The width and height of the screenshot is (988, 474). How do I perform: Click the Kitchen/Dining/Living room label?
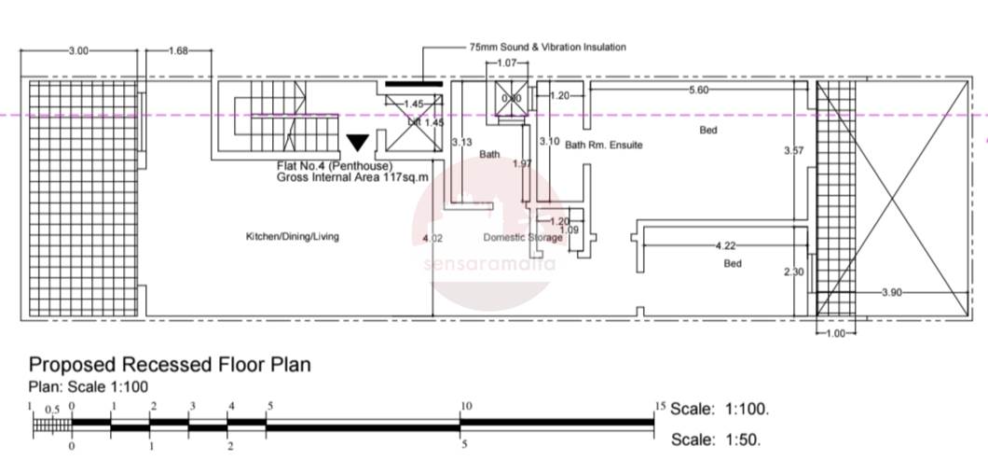(292, 237)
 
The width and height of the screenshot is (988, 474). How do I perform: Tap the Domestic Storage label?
(522, 237)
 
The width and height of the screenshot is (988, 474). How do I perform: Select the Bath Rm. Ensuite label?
(603, 146)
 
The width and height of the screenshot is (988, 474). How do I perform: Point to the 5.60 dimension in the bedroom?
(698, 90)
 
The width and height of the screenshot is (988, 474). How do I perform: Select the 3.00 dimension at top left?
(79, 51)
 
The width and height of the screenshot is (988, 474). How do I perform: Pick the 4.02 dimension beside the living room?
(432, 239)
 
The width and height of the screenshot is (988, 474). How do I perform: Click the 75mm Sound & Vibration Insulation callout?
(548, 47)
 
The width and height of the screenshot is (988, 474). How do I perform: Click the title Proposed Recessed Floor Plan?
(170, 365)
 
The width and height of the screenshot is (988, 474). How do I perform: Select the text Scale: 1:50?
(715, 439)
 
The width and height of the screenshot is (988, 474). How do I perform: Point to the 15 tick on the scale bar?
(660, 406)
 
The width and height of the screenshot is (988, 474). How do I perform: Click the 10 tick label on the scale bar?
(466, 406)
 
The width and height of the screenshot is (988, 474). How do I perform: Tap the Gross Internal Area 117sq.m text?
(350, 176)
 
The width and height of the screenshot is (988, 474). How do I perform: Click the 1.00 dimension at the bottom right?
(835, 333)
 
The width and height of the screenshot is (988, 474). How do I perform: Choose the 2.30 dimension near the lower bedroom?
(793, 272)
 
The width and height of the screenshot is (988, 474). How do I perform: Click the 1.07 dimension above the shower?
(507, 63)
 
